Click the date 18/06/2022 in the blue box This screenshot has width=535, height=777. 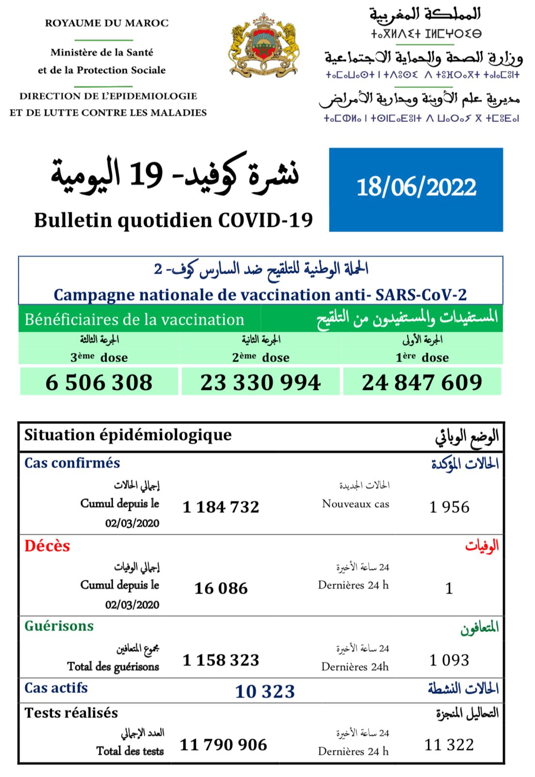click(x=416, y=187)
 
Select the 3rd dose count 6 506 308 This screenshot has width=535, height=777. click(x=99, y=382)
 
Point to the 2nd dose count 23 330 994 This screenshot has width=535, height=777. click(x=260, y=382)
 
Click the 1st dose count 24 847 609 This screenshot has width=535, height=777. click(x=422, y=382)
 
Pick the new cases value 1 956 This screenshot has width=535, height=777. click(x=449, y=507)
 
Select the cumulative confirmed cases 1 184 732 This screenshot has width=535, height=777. click(x=221, y=507)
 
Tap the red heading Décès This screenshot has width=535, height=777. click(x=47, y=546)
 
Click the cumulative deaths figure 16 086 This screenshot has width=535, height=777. click(x=221, y=589)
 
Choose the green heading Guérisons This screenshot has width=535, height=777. click(x=59, y=626)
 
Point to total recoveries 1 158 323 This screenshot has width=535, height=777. click(x=221, y=660)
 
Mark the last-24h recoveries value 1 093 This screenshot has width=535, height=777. click(x=449, y=660)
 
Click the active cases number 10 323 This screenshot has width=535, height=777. click(x=265, y=691)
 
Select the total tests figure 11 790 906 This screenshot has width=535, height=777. click(x=223, y=744)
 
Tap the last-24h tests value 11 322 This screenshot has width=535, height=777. click(x=449, y=744)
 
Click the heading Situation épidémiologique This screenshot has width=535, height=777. click(x=128, y=435)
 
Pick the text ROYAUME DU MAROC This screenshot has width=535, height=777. click(x=107, y=23)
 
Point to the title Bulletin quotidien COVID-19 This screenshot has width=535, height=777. click(x=173, y=220)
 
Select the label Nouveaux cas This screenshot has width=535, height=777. click(x=356, y=504)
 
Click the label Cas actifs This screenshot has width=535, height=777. click(x=56, y=688)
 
